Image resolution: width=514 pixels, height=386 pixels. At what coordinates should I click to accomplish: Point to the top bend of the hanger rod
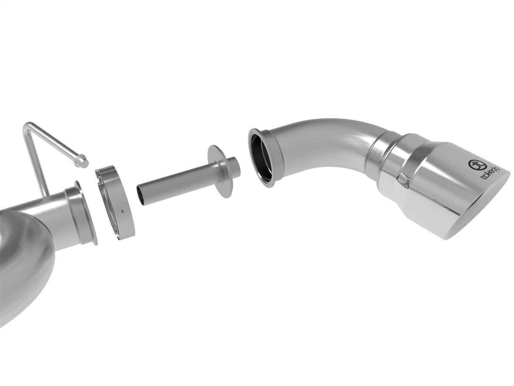(x=28, y=125)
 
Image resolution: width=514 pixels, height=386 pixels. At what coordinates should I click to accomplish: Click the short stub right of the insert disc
(x=232, y=167)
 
